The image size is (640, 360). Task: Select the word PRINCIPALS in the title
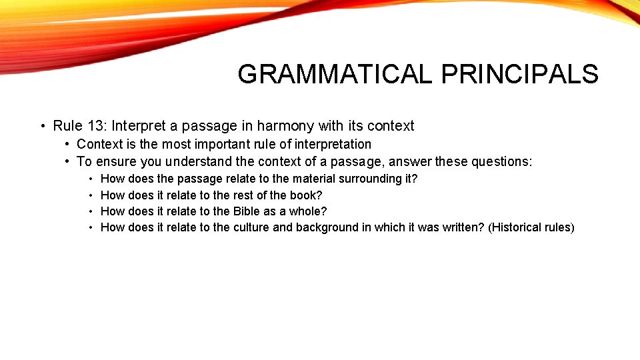click(519, 74)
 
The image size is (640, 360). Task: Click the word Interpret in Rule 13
click(137, 126)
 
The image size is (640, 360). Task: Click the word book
click(308, 195)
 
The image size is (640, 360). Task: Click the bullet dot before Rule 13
click(41, 127)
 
